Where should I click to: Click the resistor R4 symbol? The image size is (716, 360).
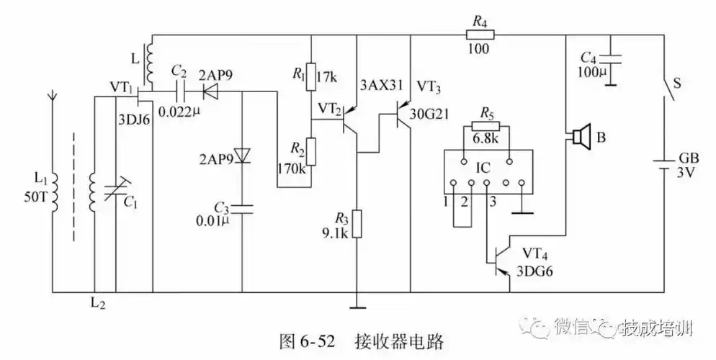click(x=478, y=35)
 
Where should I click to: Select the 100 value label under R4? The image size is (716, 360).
click(x=478, y=50)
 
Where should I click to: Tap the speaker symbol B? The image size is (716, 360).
click(x=581, y=135)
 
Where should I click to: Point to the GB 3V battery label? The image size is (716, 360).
click(x=687, y=168)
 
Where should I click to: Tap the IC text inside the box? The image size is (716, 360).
click(x=484, y=167)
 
